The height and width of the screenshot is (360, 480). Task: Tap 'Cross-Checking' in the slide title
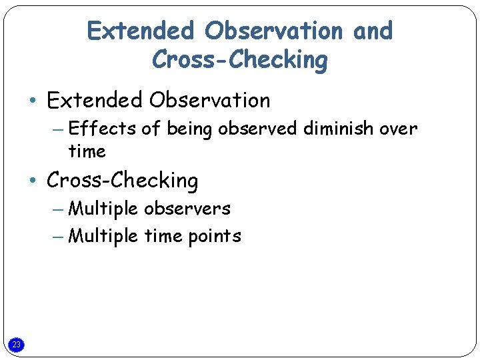[240, 60]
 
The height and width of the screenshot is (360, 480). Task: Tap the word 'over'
[398, 128]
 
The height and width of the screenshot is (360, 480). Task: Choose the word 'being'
[189, 129]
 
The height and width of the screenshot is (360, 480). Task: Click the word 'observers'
[187, 209]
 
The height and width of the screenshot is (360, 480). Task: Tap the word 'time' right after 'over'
[87, 151]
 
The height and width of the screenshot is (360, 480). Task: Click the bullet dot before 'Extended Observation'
[32, 101]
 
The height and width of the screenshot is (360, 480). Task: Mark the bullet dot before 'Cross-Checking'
[32, 181]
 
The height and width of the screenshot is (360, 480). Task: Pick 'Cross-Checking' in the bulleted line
[123, 181]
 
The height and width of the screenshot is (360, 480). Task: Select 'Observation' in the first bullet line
[210, 101]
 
